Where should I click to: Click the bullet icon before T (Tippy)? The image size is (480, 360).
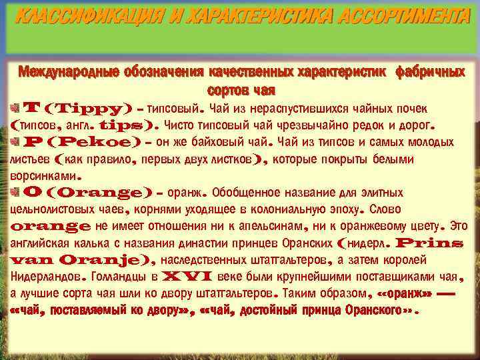[15, 107]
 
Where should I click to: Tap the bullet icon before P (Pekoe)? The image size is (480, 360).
[15, 141]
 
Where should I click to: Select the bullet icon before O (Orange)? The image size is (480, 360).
[15, 192]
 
